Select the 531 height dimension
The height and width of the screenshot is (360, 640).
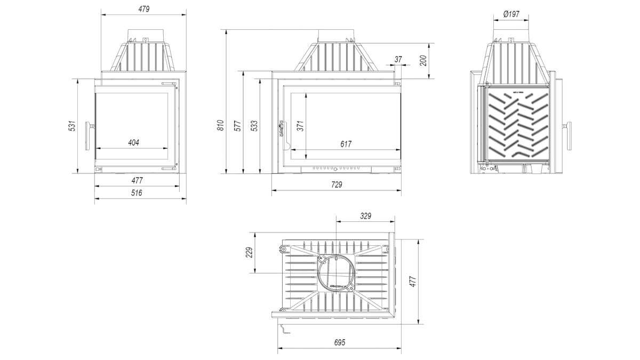pyautogui.click(x=73, y=126)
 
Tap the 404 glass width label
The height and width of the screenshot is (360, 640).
pyautogui.click(x=133, y=142)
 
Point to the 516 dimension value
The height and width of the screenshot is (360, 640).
pyautogui.click(x=137, y=193)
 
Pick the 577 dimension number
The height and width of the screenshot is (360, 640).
pyautogui.click(x=238, y=126)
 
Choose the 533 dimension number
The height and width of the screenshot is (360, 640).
pyautogui.click(x=254, y=126)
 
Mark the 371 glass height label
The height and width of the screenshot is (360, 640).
pyautogui.click(x=300, y=126)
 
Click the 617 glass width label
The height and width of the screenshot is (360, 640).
pyautogui.click(x=346, y=144)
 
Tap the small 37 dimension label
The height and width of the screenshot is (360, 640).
pyautogui.click(x=398, y=59)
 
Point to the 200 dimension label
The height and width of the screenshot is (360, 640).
pyautogui.click(x=424, y=60)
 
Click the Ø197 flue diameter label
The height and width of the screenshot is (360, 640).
pyautogui.click(x=511, y=14)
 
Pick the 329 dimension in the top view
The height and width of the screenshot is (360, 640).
pyautogui.click(x=365, y=216)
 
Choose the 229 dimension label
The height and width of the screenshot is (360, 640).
pyautogui.click(x=249, y=252)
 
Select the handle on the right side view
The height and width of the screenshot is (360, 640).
pyautogui.click(x=569, y=134)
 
